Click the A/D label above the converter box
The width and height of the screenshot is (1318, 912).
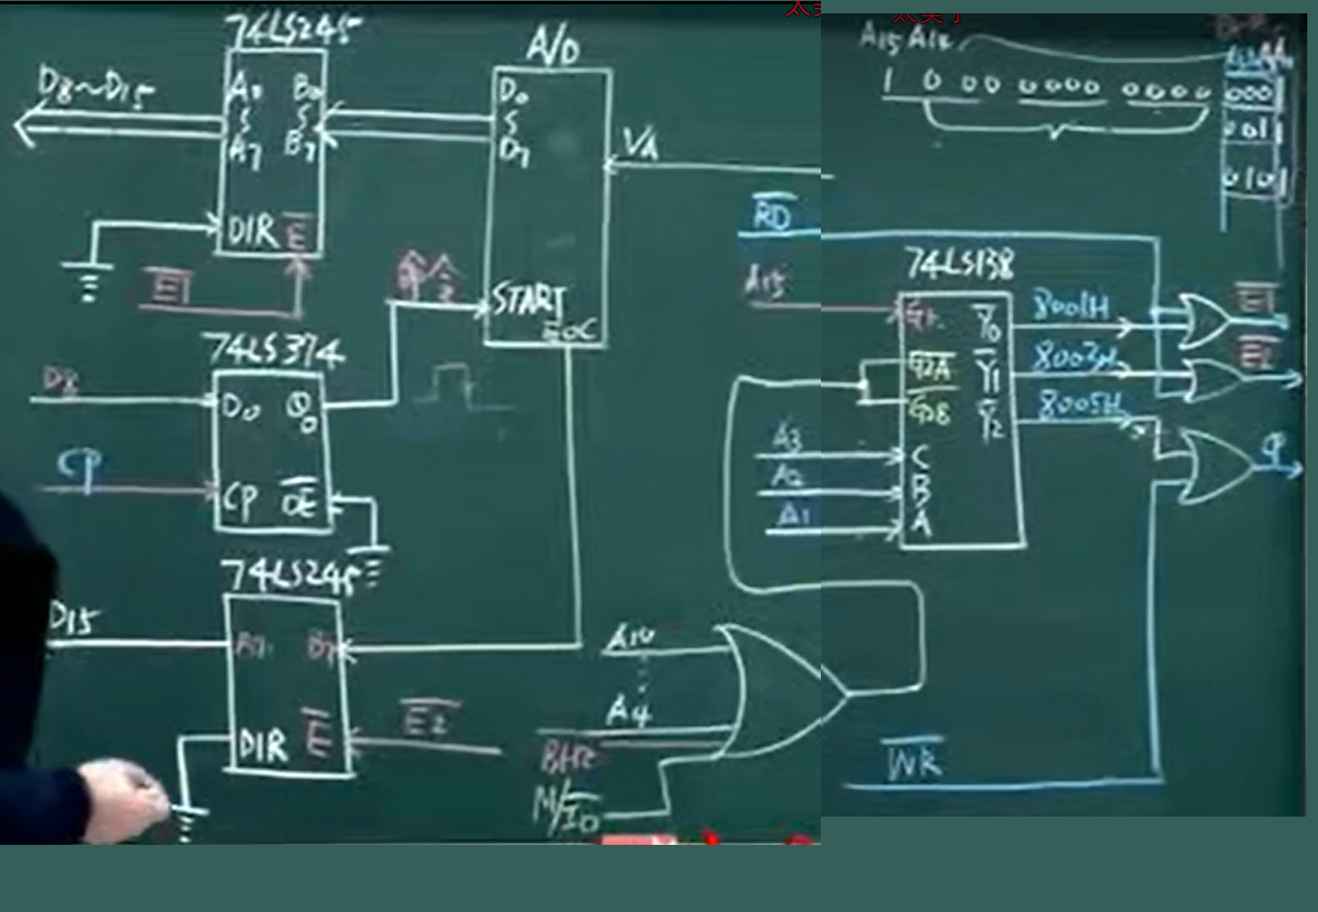(x=552, y=45)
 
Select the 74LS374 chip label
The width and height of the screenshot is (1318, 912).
(x=275, y=349)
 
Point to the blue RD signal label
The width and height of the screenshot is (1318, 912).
(x=772, y=214)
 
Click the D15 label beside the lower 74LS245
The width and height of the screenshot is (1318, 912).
(x=73, y=620)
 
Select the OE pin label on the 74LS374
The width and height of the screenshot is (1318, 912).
(x=299, y=501)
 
